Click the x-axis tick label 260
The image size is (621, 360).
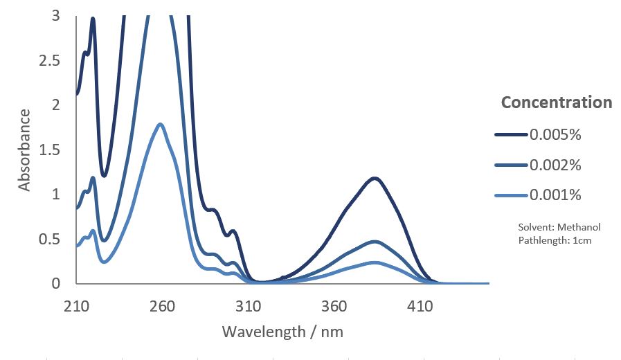coord(163,305)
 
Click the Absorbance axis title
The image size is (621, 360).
coord(25,150)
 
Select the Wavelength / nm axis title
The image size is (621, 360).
coord(282,332)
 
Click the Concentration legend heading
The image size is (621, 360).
coord(557,102)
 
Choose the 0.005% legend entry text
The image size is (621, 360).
coord(555,134)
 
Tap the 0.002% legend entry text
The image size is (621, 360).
coord(555,165)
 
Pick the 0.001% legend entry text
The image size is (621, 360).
coord(555,195)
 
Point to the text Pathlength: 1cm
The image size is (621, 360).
coord(555,240)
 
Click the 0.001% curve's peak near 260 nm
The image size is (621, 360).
coord(161,125)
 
